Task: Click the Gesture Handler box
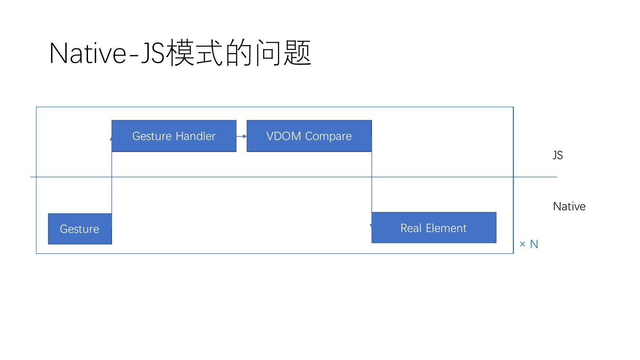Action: (x=174, y=136)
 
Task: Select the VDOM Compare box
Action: (x=309, y=136)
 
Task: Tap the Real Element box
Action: (x=434, y=228)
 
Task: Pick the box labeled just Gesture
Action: (x=80, y=229)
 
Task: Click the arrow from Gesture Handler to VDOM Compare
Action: (x=241, y=136)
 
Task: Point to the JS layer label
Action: (x=558, y=155)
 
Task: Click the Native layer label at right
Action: (x=569, y=206)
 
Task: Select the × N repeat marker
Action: (x=528, y=244)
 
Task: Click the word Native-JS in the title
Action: (x=107, y=53)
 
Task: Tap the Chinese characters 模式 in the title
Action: (x=194, y=53)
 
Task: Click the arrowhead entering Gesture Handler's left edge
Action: (x=111, y=138)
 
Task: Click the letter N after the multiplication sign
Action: (x=534, y=244)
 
